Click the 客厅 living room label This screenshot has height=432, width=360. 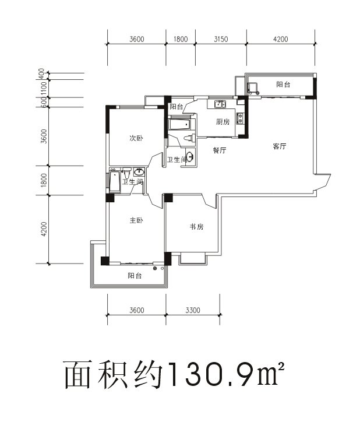pyautogui.click(x=280, y=147)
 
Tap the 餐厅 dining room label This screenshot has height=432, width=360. pyautogui.click(x=219, y=150)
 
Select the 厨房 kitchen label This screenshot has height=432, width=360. pyautogui.click(x=222, y=122)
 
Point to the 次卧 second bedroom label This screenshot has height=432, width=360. pyautogui.click(x=136, y=138)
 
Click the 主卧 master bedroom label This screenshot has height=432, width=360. pyautogui.click(x=136, y=220)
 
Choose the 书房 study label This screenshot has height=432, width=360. pyautogui.click(x=196, y=227)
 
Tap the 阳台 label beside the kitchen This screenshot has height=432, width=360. pyautogui.click(x=177, y=107)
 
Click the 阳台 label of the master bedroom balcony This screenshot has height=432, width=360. pyautogui.click(x=135, y=276)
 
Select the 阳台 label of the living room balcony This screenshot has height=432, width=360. pyautogui.click(x=283, y=85)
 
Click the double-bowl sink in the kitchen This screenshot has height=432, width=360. pyautogui.click(x=220, y=105)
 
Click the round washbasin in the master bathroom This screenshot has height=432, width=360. pyautogui.click(x=139, y=172)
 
